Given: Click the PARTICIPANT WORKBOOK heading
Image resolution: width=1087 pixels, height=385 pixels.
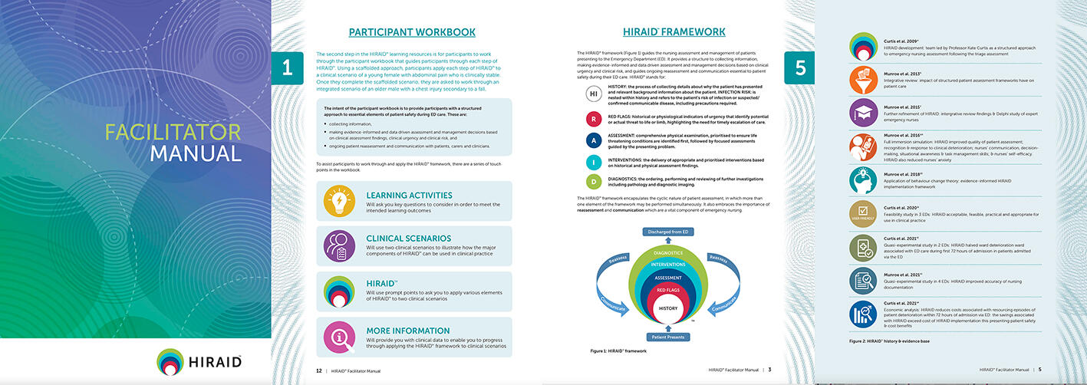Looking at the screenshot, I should [412, 32].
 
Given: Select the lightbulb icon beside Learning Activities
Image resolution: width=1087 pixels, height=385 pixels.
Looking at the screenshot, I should [340, 201].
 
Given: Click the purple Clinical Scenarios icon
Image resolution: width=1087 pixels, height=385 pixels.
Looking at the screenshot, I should [340, 246].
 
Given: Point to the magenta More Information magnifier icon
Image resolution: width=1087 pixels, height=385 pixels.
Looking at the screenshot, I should [340, 337].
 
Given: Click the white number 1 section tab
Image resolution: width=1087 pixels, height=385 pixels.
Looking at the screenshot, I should [287, 67].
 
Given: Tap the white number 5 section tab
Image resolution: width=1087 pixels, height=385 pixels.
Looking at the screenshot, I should [800, 67].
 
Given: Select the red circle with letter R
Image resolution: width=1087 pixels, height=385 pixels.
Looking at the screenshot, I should [593, 119].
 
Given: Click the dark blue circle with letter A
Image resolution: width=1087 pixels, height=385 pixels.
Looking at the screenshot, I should [593, 140].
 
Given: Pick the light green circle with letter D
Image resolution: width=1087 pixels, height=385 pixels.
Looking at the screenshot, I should [593, 182].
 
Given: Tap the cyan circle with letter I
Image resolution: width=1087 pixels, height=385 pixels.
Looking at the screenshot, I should [593, 161].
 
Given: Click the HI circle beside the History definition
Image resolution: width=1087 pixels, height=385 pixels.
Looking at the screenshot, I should [593, 94].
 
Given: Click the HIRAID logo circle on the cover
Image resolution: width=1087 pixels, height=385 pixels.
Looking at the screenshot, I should [170, 361].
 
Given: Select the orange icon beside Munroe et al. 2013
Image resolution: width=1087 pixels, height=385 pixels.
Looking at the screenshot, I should [864, 78].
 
